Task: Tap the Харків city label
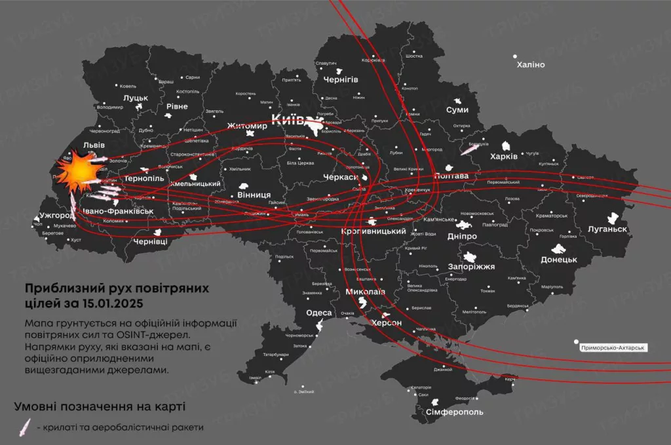pyautogui.click(x=504, y=157)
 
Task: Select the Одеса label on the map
pyautogui.click(x=319, y=313)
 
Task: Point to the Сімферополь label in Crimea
pyautogui.click(x=454, y=412)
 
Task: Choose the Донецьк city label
pyautogui.click(x=558, y=260)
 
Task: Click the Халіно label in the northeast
pyautogui.click(x=530, y=65)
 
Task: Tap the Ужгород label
pyautogui.click(x=57, y=215)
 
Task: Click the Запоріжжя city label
pyautogui.click(x=470, y=267)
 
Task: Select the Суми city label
pyautogui.click(x=457, y=110)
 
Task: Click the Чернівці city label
pyautogui.click(x=150, y=241)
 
